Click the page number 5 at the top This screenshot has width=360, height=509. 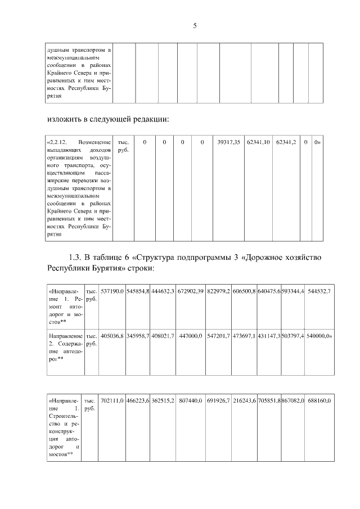click(195, 25)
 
